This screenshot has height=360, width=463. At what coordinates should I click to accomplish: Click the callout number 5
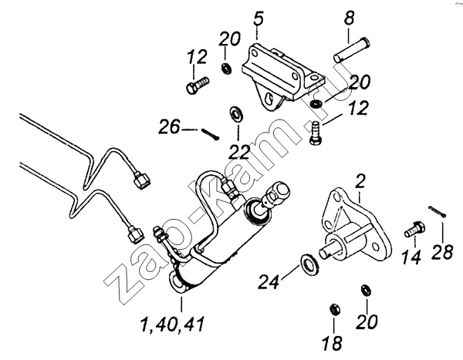258,19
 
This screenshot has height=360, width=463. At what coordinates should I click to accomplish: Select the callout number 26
168,127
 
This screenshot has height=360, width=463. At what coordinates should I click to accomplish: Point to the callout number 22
239,152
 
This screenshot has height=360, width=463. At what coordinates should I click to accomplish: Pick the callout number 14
411,257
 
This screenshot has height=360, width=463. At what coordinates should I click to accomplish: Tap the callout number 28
442,252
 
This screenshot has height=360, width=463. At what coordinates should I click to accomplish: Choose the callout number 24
269,281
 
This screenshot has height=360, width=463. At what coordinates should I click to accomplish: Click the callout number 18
332,343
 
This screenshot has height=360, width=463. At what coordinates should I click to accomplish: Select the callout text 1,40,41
172,324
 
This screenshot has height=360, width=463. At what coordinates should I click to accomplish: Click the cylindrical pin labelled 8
352,49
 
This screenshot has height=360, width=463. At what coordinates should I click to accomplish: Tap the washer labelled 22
236,113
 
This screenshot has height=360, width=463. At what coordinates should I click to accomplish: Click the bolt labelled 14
415,229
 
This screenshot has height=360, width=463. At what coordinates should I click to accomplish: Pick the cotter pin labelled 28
438,211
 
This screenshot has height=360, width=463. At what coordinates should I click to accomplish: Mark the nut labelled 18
335,309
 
